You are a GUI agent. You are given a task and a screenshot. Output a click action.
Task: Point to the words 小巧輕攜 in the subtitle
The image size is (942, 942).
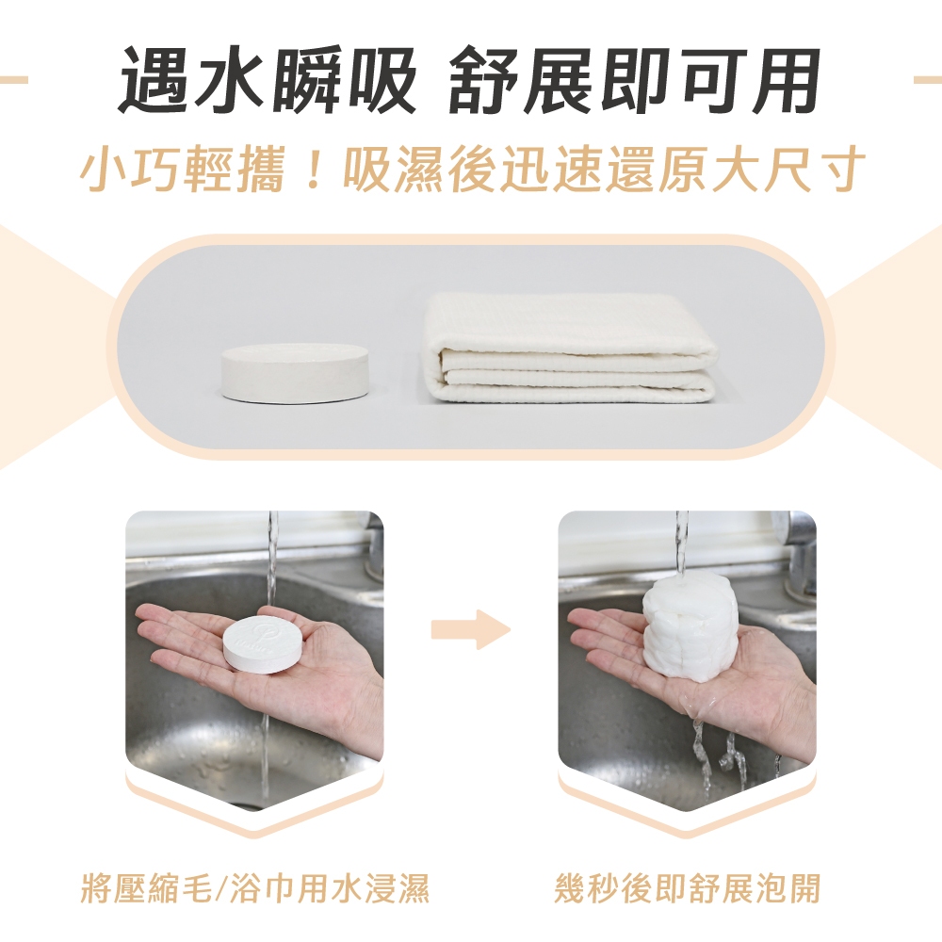click(x=182, y=169)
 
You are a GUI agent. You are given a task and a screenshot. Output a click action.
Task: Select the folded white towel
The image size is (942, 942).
click(x=571, y=349)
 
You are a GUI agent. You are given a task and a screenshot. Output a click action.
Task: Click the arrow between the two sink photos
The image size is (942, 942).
click(x=470, y=629)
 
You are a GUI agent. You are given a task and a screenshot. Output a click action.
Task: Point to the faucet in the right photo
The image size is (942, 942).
click(x=800, y=553)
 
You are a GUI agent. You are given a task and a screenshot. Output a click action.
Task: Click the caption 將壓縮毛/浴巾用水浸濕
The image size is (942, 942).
click(x=254, y=888)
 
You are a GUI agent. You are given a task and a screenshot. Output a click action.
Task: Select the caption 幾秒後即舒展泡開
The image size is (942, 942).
click(x=688, y=888)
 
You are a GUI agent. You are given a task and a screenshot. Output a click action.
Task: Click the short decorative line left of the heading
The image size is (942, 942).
click(x=14, y=80)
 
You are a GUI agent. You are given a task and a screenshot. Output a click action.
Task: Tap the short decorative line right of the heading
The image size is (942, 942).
click(x=928, y=80)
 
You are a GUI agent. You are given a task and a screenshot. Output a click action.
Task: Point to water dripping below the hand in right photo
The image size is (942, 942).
click(x=721, y=751)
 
